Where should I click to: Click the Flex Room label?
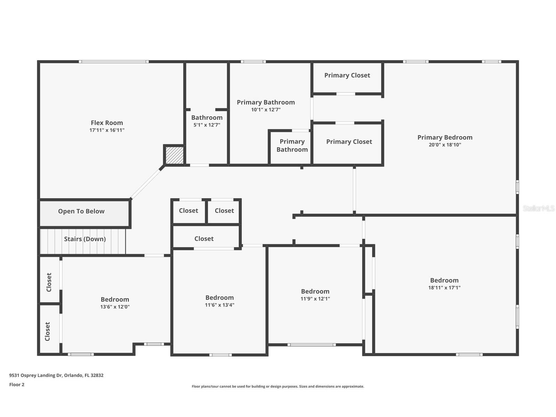click(107, 123)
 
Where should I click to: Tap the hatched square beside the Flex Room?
click(174, 155)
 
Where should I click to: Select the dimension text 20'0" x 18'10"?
click(445, 145)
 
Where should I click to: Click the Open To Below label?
click(81, 211)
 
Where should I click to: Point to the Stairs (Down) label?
click(85, 239)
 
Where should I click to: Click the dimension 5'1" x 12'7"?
click(207, 125)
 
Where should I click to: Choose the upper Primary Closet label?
click(347, 75)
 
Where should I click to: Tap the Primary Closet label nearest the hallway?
click(349, 142)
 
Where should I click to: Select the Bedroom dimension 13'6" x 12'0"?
click(115, 307)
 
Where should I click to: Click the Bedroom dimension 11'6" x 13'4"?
click(220, 305)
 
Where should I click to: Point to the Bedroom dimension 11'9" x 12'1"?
click(315, 299)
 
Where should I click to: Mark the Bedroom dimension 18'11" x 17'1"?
click(444, 288)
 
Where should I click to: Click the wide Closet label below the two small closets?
click(204, 239)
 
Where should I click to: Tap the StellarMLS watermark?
click(539, 208)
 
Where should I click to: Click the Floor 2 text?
click(17, 385)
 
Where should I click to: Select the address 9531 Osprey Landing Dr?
click(56, 375)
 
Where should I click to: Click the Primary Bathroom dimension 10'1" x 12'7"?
click(266, 110)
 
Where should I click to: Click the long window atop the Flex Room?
click(114, 62)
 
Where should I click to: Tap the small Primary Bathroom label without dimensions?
click(292, 146)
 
